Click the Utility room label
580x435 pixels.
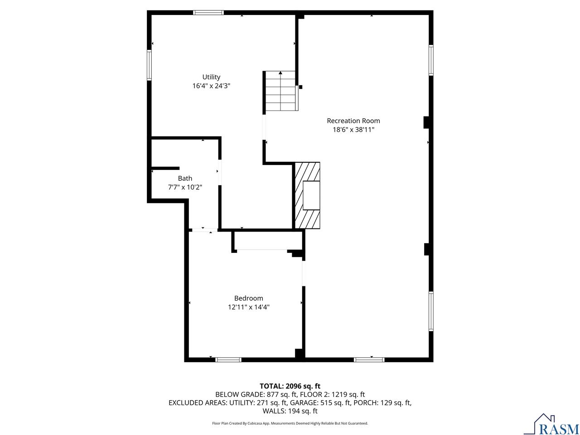(x=211, y=77)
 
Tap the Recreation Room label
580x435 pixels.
(x=353, y=121)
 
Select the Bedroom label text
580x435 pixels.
(x=248, y=298)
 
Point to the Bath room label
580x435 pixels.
(x=185, y=179)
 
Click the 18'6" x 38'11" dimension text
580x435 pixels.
(x=353, y=130)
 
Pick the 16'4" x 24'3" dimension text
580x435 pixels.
(x=211, y=86)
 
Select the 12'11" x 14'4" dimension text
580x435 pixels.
(x=248, y=307)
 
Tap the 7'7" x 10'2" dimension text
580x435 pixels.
(x=185, y=187)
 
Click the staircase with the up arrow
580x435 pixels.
(x=281, y=91)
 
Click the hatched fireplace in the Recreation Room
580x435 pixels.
(x=308, y=195)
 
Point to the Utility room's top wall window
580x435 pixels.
(x=208, y=13)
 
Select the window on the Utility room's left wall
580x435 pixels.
(x=149, y=65)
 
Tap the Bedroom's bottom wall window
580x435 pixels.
(x=228, y=360)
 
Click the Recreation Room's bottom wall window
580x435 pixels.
(x=369, y=360)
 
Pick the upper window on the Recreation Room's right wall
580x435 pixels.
(x=431, y=60)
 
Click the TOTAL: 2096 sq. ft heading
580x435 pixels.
(x=290, y=386)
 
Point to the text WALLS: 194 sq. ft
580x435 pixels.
(x=290, y=411)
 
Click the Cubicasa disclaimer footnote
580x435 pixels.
(x=290, y=423)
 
